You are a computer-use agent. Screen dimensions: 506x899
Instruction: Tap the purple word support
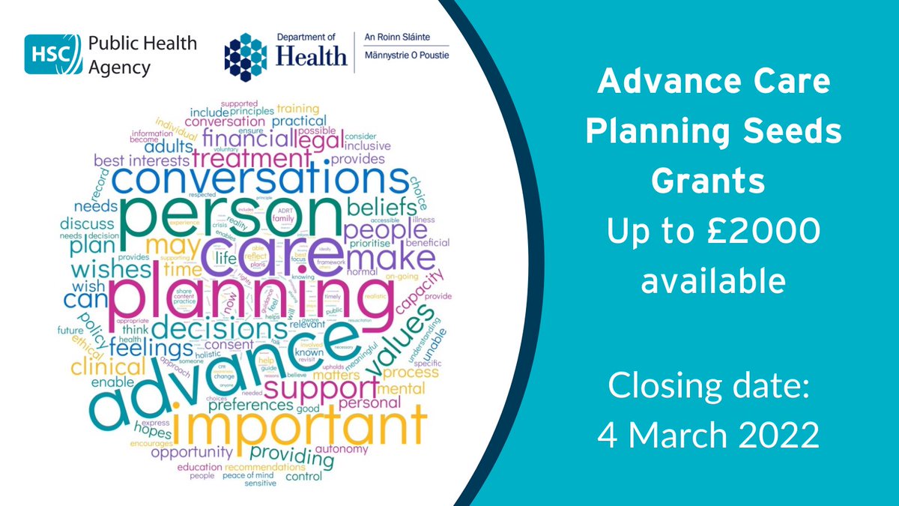pos(321,390)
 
